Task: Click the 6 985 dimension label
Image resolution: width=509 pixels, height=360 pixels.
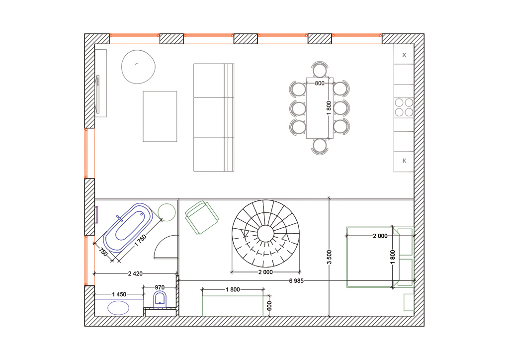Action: (296, 281)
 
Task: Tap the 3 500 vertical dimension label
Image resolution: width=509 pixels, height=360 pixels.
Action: (329, 257)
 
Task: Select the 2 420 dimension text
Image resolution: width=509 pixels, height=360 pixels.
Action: (135, 273)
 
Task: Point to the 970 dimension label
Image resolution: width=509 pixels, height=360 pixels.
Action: (160, 287)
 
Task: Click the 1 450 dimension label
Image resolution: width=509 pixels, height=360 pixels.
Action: (119, 294)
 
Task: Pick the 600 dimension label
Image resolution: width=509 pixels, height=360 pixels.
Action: (269, 306)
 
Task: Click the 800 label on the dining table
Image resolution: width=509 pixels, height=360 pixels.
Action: (320, 83)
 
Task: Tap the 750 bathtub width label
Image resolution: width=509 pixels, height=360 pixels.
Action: (103, 252)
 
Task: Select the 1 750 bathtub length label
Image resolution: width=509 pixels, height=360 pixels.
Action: (141, 241)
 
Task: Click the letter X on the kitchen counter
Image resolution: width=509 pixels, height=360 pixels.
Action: (404, 55)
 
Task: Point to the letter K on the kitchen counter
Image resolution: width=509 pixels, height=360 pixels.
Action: (404, 161)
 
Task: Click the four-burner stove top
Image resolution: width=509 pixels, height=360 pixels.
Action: (404, 107)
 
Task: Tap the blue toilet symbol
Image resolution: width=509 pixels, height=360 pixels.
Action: (160, 299)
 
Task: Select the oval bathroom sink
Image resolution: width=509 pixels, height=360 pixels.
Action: (118, 308)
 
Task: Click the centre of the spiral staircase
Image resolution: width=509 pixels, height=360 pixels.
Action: (265, 234)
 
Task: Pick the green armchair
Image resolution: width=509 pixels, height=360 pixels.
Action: (202, 217)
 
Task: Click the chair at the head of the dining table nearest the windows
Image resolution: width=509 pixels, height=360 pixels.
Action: (320, 69)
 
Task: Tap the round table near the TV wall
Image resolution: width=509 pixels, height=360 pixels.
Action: (138, 67)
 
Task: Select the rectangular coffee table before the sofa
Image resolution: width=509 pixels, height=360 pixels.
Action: (160, 116)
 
